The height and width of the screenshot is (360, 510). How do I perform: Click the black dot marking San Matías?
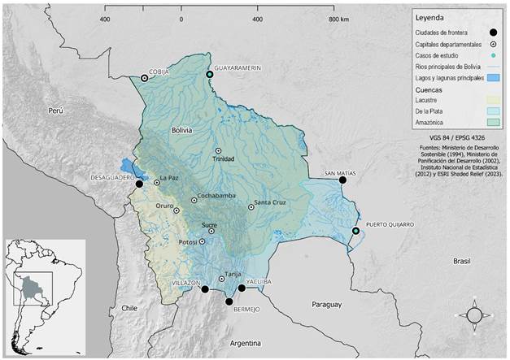click(x=342, y=180)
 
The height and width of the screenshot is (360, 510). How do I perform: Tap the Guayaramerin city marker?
click(x=210, y=75)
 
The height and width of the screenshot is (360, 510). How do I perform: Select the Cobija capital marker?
click(x=144, y=77)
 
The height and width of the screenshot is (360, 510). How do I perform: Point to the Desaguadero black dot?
click(x=139, y=184)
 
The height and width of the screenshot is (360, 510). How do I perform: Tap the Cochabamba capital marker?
click(x=194, y=200)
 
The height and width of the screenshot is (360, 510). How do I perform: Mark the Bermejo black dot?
click(x=229, y=301)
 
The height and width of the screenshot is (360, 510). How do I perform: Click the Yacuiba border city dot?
click(x=242, y=288)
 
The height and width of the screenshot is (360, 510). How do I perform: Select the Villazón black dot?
click(x=205, y=288)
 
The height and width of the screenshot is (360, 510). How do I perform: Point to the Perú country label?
click(x=54, y=109)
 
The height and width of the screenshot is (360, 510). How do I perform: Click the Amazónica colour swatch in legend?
click(x=493, y=121)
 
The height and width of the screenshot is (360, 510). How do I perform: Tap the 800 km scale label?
click(x=338, y=18)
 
